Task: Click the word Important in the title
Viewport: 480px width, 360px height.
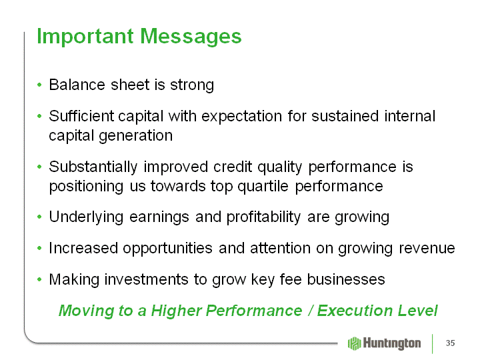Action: coord(85,37)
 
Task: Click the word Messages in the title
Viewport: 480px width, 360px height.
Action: coord(191,37)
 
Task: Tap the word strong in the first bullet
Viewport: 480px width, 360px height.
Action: coord(192,85)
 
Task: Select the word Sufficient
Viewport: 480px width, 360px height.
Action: coord(81,116)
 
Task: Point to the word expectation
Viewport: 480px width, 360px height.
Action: coord(241,117)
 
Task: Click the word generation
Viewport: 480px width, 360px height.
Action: coord(135,135)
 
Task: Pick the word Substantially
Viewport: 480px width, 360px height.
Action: coord(93,167)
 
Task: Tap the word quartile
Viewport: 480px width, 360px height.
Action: coord(263,186)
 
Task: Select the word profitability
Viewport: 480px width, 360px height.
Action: coord(263,217)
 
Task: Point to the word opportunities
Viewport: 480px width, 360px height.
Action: coord(167,249)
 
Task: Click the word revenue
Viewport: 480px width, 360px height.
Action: coord(427,249)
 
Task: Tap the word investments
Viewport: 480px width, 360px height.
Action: coord(146,279)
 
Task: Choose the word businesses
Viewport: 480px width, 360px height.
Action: coord(346,279)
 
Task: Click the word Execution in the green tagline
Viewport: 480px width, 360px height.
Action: coord(355,311)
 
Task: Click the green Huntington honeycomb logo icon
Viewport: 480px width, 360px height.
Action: coord(355,343)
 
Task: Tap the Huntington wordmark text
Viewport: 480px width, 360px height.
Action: coord(392,343)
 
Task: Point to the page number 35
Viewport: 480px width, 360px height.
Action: coord(450,343)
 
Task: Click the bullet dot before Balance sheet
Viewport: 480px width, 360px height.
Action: coord(39,84)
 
